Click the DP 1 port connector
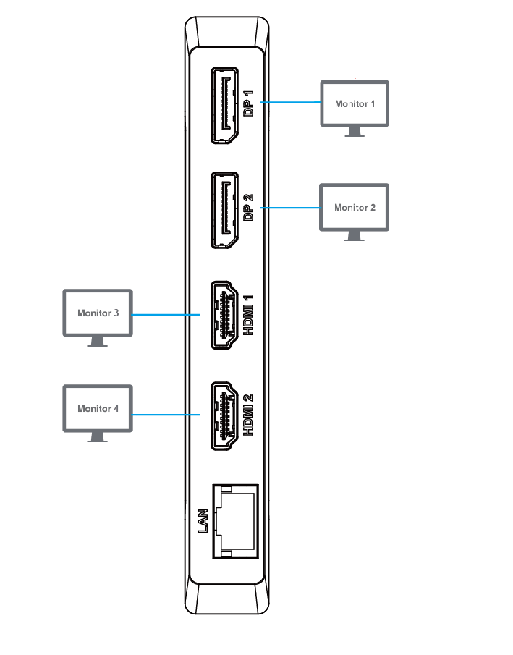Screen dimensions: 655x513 (225, 105)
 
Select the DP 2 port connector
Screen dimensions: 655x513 (225, 210)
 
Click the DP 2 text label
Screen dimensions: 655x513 (249, 208)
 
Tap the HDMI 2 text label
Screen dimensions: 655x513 (249, 415)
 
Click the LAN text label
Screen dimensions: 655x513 (204, 521)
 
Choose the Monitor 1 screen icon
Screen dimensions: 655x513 (355, 103)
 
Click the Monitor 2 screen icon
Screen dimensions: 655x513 (355, 207)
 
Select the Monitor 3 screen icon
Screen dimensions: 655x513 (98, 313)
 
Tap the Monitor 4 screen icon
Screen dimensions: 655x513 (98, 408)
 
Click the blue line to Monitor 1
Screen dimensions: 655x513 (289, 103)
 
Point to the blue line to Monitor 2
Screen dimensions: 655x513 (289, 208)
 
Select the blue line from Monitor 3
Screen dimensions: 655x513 (166, 315)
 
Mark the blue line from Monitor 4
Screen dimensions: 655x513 (166, 415)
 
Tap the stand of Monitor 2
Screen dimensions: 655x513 (355, 236)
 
